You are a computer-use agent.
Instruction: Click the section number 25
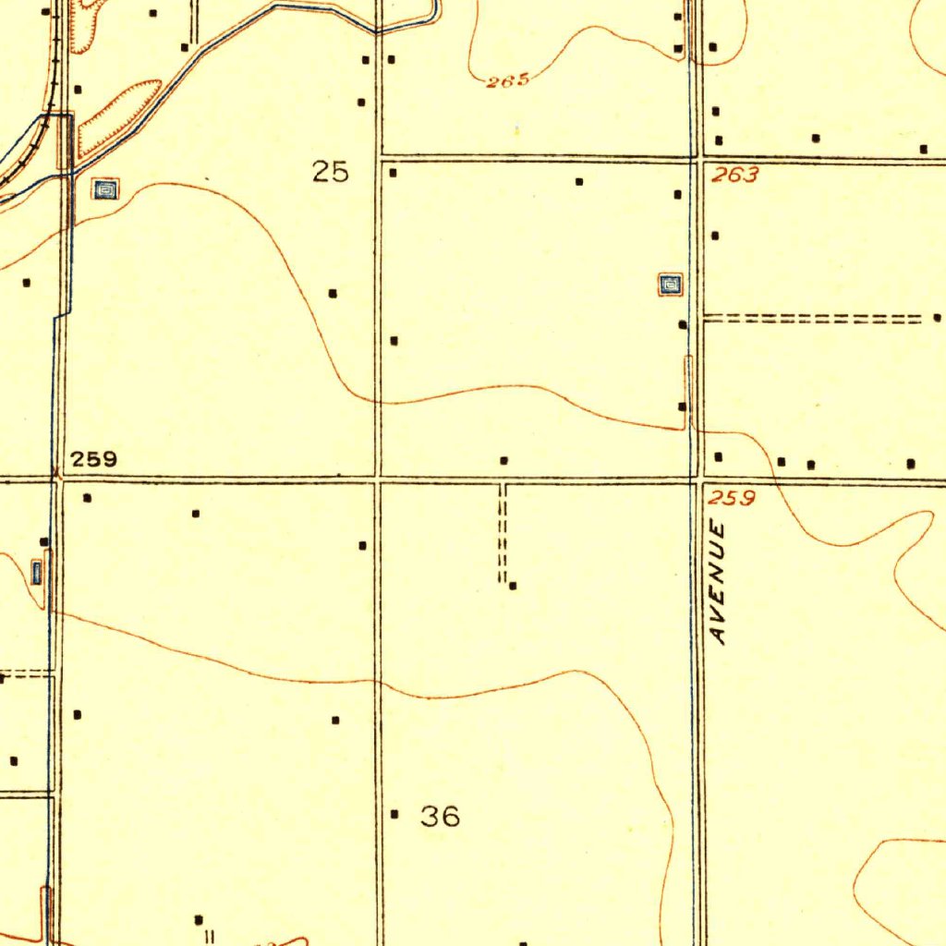(330, 172)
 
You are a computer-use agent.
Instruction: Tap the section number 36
(440, 816)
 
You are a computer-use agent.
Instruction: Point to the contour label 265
(507, 81)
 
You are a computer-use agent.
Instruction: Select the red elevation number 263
(735, 176)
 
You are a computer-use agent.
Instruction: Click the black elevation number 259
(94, 459)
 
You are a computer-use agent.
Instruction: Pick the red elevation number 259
(734, 499)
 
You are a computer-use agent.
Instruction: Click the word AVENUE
(720, 582)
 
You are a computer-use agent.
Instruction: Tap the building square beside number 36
(394, 814)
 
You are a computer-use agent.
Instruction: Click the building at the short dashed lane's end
(513, 586)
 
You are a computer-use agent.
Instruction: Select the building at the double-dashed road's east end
(937, 318)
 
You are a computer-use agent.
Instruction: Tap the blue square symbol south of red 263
(671, 285)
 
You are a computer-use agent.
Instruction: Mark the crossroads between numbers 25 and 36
(377, 479)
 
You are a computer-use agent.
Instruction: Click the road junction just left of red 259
(697, 479)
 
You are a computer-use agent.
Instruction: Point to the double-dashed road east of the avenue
(813, 320)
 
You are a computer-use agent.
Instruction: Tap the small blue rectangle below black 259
(37, 573)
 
